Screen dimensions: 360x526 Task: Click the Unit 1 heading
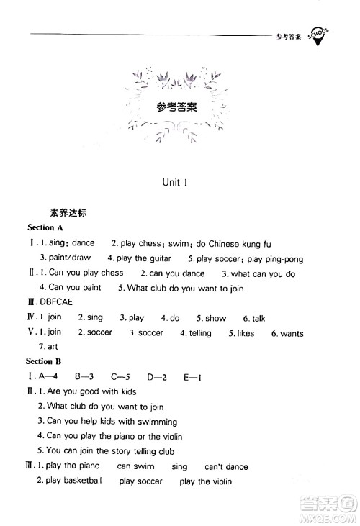176,183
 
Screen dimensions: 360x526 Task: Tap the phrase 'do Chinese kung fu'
235,244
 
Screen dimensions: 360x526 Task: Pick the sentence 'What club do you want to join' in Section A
185,289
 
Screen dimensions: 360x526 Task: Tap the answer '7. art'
51,347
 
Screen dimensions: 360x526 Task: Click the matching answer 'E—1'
191,376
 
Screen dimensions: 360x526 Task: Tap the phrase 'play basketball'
73,481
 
